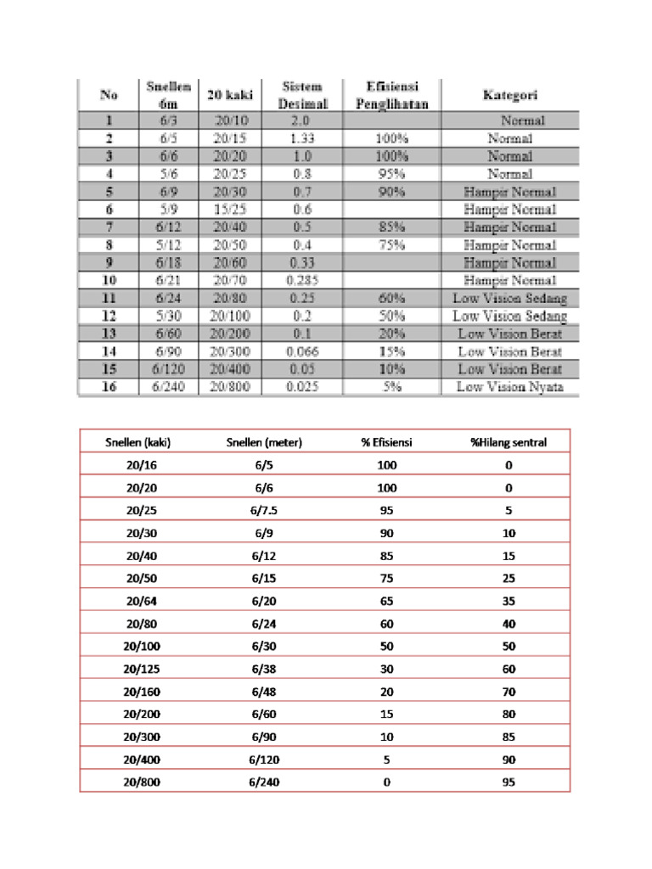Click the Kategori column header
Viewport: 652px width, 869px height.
(510, 95)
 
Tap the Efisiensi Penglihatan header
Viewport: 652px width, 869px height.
(391, 95)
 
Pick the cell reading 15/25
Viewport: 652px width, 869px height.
(227, 209)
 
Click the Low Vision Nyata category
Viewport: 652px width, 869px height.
(509, 387)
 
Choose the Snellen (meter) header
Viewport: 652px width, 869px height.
(264, 442)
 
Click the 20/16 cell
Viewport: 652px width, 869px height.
(142, 465)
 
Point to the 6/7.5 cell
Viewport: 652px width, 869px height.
(264, 511)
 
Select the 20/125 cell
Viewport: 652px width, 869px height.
(142, 668)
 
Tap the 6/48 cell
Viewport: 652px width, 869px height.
(264, 691)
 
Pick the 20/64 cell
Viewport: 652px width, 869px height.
(142, 601)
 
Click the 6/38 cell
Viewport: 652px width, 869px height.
(264, 668)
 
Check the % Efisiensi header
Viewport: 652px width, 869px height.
(386, 442)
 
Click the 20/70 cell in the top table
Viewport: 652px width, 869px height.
(227, 280)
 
